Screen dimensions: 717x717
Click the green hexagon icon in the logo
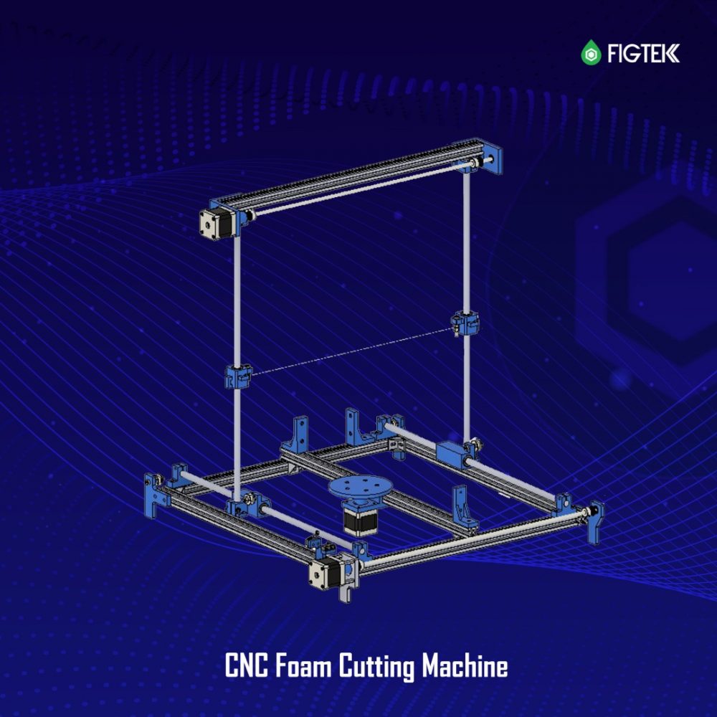click(590, 53)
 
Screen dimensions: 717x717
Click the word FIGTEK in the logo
click(643, 53)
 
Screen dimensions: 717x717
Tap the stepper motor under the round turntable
click(356, 520)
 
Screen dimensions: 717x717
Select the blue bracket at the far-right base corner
click(595, 517)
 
